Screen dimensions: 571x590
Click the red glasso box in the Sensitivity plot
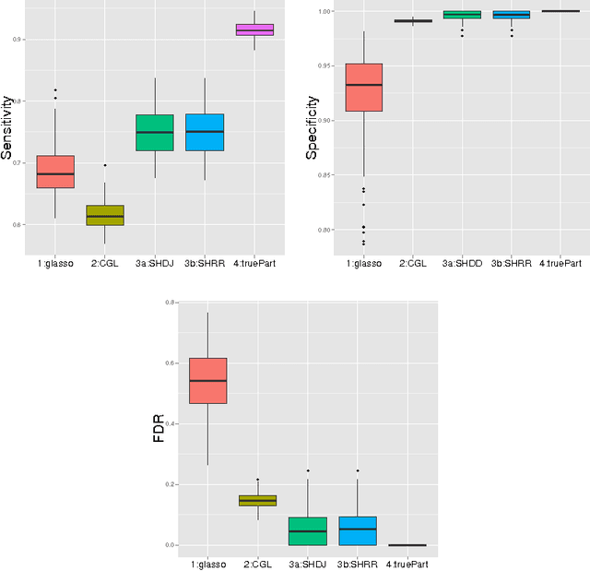(x=55, y=172)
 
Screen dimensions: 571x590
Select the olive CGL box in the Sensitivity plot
(x=105, y=215)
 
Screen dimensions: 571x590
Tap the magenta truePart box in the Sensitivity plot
(x=254, y=30)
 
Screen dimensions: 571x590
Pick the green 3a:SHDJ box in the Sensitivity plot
(x=155, y=133)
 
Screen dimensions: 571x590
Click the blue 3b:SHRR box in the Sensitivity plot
(x=205, y=133)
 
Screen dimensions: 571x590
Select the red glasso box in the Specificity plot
(x=363, y=88)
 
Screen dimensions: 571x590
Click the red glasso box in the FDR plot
(x=207, y=380)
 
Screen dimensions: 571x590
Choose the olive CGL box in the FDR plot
(x=258, y=500)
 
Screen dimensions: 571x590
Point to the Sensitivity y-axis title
(x=8, y=129)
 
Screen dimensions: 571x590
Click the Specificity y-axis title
(x=313, y=127)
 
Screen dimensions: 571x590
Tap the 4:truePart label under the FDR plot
(x=407, y=563)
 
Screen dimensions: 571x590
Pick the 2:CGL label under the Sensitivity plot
(x=105, y=263)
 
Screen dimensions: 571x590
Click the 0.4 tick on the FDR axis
(x=171, y=423)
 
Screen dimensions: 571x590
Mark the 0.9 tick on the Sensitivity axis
(x=18, y=40)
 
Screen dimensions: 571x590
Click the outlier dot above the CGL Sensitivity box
(x=105, y=165)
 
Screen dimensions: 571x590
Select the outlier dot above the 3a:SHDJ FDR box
(x=308, y=470)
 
